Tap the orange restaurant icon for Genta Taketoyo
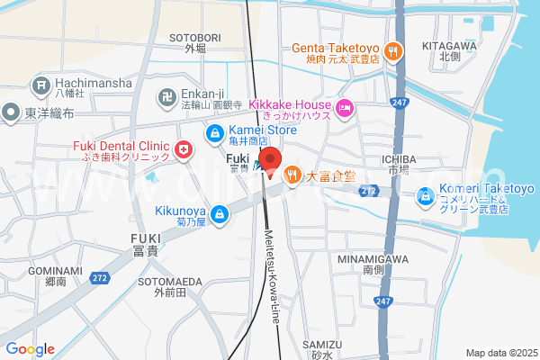[392, 52]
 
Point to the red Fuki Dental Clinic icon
[184, 149]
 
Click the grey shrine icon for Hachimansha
[40, 86]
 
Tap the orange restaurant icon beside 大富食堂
[292, 175]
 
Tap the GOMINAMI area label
[54, 271]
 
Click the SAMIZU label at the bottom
[322, 345]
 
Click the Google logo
[30, 349]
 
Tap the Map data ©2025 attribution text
[499, 353]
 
